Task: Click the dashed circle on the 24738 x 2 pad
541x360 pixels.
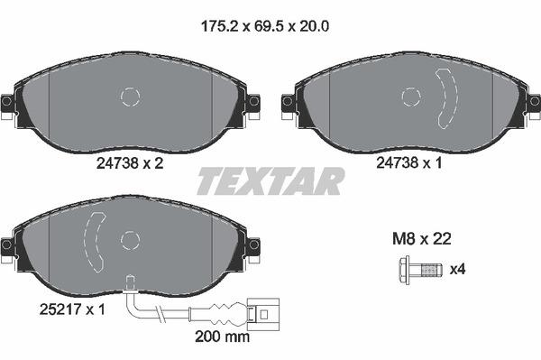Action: pyautogui.click(x=131, y=97)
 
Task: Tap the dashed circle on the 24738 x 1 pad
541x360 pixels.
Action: pyautogui.click(x=410, y=97)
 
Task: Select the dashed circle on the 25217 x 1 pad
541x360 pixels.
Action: pyautogui.click(x=131, y=240)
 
